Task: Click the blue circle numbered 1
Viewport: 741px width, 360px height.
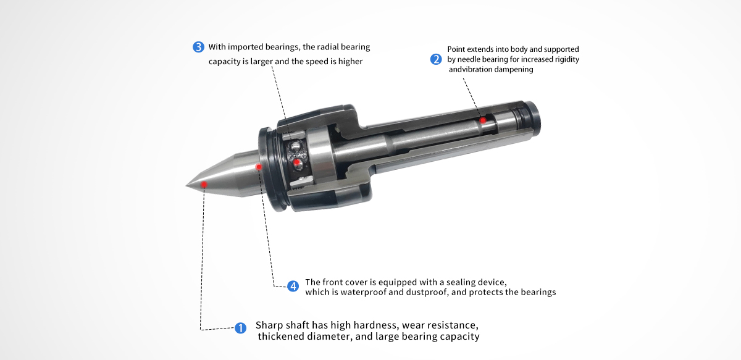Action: [240, 329]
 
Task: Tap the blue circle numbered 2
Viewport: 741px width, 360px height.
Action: [436, 59]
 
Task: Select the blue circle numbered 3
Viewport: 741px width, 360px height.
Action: [198, 47]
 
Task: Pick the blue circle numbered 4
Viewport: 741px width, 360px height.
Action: [293, 287]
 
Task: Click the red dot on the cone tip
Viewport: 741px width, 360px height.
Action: [204, 184]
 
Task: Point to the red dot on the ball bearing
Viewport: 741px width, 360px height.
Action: [297, 162]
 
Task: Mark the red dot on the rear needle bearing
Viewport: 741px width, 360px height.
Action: [483, 120]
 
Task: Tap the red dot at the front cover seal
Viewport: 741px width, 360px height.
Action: [259, 167]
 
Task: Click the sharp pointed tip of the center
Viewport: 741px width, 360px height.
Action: [186, 185]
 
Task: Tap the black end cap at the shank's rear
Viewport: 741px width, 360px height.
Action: [533, 118]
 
